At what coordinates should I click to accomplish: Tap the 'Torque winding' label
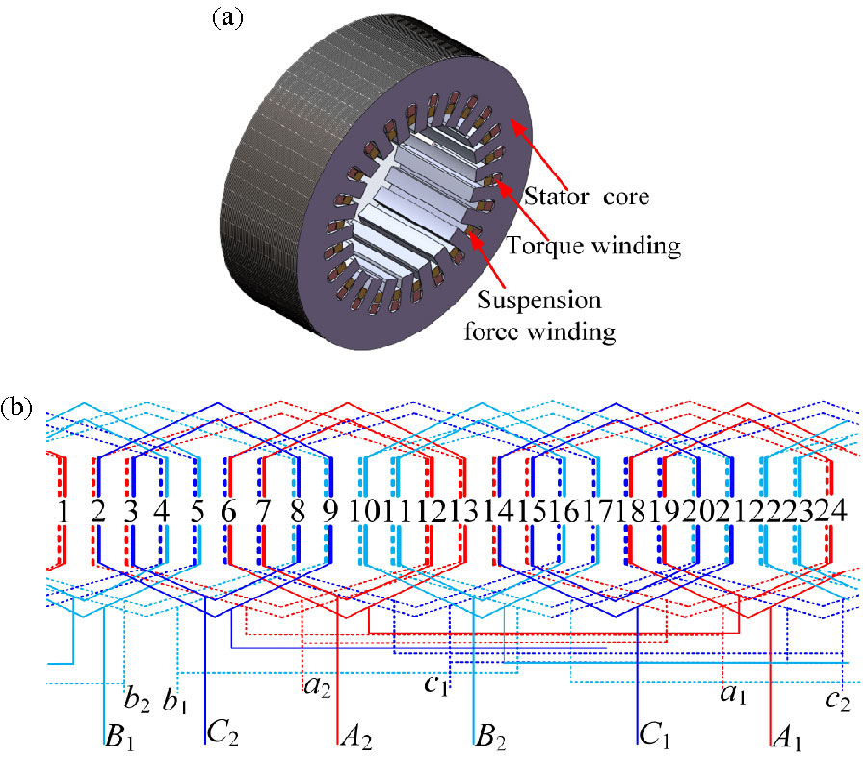point(612,248)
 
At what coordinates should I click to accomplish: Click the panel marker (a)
point(229,16)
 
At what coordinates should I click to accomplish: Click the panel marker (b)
point(17,407)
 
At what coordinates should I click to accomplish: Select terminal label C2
point(221,740)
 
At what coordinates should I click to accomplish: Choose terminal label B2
point(491,740)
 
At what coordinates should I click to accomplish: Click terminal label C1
point(654,740)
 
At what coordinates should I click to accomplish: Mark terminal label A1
point(787,740)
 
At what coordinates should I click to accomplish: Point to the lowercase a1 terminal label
point(735,693)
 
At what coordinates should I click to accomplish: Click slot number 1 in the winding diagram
point(63,511)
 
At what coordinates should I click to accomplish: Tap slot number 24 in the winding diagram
point(829,511)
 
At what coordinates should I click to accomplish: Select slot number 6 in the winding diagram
point(228,511)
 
